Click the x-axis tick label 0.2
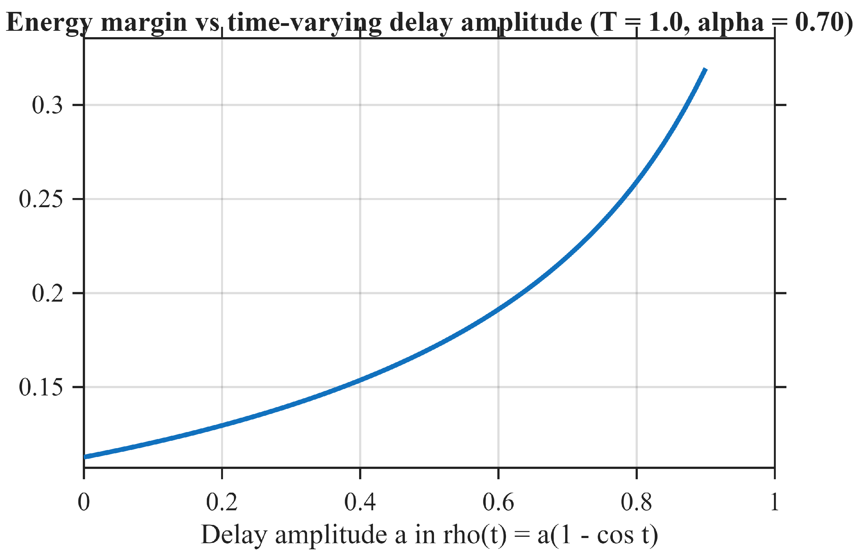click(x=222, y=502)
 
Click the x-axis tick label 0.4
click(x=360, y=502)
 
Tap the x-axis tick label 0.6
click(x=498, y=502)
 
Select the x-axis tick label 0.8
click(x=636, y=502)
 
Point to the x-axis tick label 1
click(x=774, y=502)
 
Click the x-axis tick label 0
click(x=84, y=502)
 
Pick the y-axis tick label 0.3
click(x=48, y=105)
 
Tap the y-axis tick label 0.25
click(x=41, y=199)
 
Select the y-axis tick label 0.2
click(x=48, y=293)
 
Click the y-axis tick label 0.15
click(x=41, y=387)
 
